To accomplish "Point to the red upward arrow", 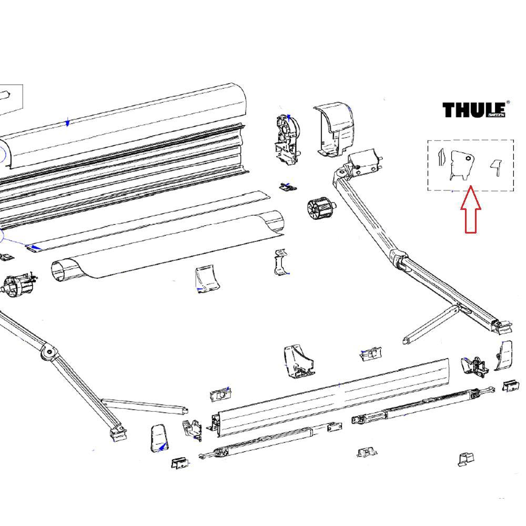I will (470, 210).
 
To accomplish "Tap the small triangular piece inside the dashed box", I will (495, 167).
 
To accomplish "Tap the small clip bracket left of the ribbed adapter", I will (287, 187).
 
